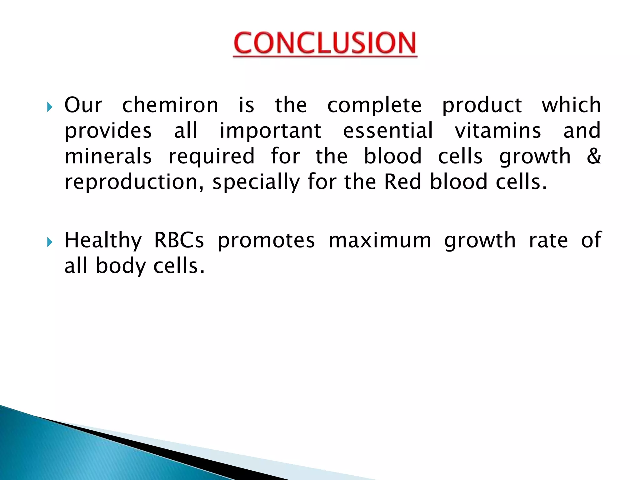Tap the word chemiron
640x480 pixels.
tap(170, 105)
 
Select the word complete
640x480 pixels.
tap(374, 106)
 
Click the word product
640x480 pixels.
tap(482, 106)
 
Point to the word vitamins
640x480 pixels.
tap(498, 131)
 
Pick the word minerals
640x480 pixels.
tap(108, 156)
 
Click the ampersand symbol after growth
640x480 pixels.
tap(593, 156)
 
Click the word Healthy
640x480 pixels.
tap(103, 241)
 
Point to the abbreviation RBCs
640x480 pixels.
tap(179, 240)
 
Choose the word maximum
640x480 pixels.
tap(380, 240)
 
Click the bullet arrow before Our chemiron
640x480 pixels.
tap(50, 107)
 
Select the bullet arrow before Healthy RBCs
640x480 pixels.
tap(50, 242)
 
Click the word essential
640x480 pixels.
tap(388, 131)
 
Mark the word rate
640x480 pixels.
tap(548, 240)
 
